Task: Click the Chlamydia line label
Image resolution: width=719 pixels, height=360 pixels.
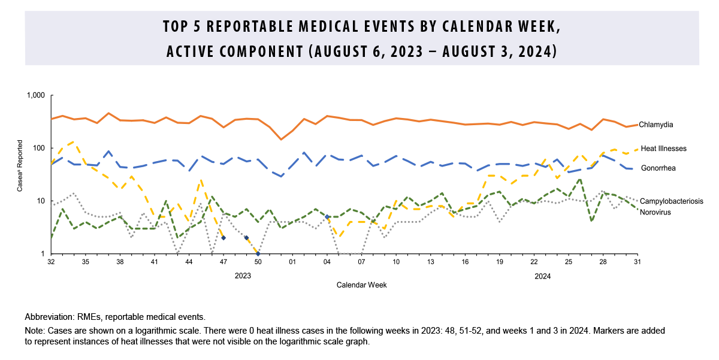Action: (655, 125)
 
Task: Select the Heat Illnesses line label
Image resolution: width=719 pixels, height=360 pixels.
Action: (663, 148)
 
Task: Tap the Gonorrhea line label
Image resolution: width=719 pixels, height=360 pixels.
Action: (658, 168)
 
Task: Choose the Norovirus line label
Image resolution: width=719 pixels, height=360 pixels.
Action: (655, 212)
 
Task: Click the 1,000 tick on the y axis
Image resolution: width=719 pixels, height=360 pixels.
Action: (36, 96)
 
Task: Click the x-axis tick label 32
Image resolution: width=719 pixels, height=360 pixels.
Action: (51, 262)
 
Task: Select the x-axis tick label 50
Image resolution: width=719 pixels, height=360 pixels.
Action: (258, 262)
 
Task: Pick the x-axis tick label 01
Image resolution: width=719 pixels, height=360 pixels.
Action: (292, 262)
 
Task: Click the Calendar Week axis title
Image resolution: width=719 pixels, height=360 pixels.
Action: (361, 285)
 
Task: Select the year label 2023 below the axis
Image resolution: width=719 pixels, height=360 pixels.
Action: (243, 276)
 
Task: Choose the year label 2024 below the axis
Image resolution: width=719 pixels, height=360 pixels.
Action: (542, 276)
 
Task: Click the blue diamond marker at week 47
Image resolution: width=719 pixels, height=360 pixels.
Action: (223, 238)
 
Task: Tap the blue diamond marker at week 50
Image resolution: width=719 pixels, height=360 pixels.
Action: (258, 253)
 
